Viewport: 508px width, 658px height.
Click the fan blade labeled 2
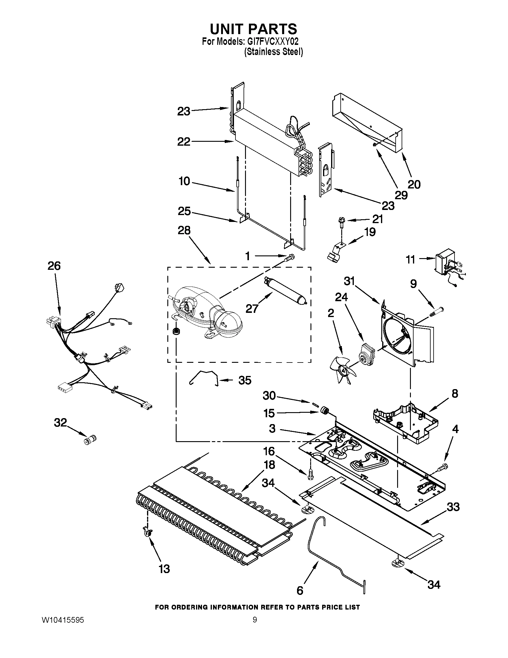click(x=343, y=369)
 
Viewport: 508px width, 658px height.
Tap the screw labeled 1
click(x=290, y=257)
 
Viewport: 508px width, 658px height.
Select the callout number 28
click(x=184, y=231)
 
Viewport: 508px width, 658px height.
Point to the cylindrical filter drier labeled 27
click(x=285, y=290)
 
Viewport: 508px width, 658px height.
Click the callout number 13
click(x=164, y=569)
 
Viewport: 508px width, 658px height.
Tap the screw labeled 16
click(x=310, y=476)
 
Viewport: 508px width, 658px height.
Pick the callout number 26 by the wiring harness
click(x=54, y=266)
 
